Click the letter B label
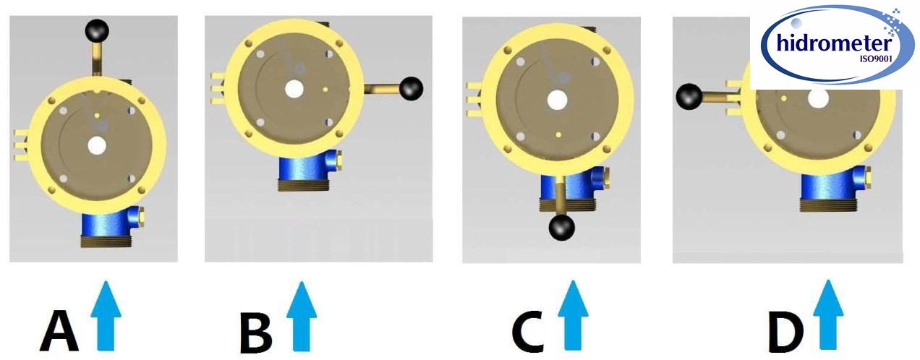tap(255, 332)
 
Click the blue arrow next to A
tap(106, 314)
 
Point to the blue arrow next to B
tap(302, 315)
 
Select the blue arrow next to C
tap(574, 315)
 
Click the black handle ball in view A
tap(97, 30)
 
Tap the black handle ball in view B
tap(412, 88)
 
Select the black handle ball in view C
tap(562, 228)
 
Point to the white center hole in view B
tap(294, 89)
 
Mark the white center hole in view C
tap(557, 100)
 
